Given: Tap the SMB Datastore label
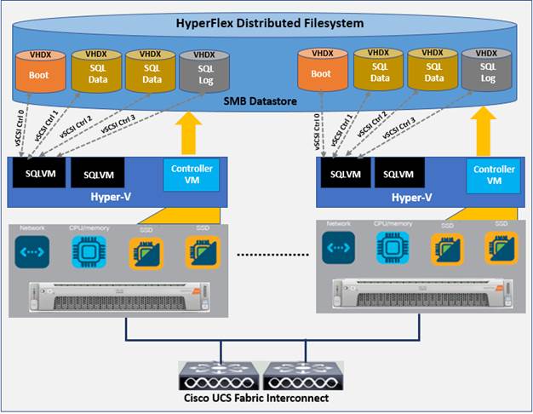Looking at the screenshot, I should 266,100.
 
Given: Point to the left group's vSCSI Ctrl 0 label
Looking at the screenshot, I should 19,124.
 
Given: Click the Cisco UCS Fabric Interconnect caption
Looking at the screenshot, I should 266,398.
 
